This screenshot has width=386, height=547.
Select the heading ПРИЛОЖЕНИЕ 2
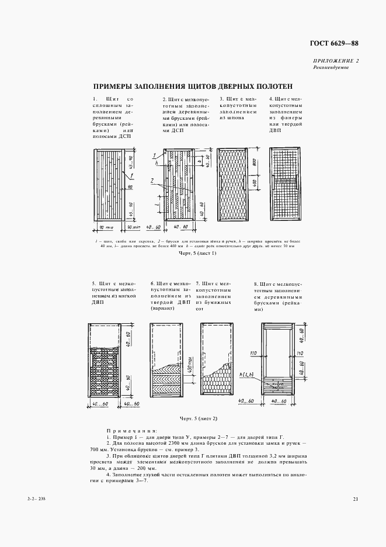(x=336, y=61)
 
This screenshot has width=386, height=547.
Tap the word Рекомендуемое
(x=331, y=68)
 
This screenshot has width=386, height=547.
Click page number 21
(x=355, y=498)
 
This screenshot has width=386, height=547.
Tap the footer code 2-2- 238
(x=35, y=498)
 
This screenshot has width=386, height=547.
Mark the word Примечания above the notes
(x=124, y=430)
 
